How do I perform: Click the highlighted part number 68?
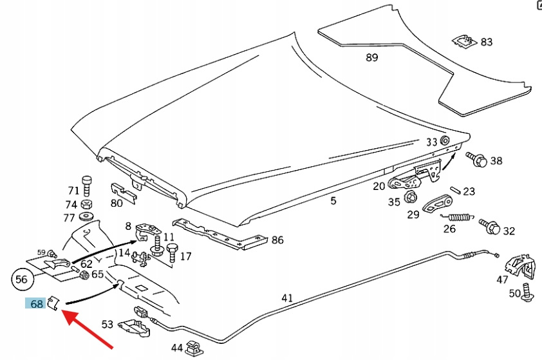[36, 302]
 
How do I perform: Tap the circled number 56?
[22, 279]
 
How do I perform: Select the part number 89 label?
[371, 57]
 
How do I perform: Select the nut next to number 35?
[411, 198]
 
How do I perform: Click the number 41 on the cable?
[287, 298]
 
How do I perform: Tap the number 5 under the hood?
[333, 201]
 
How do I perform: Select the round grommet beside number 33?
[445, 141]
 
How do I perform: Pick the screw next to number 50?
[527, 292]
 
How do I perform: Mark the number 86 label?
[277, 240]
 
